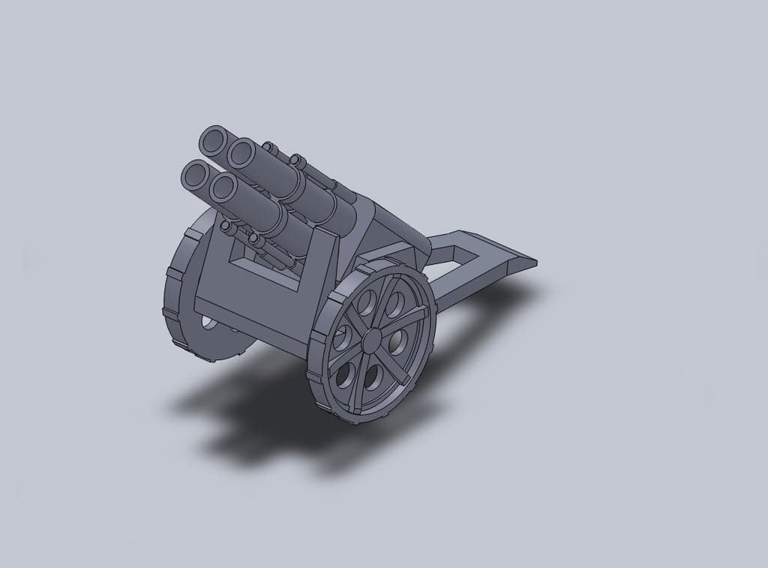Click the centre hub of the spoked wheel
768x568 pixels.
[372, 340]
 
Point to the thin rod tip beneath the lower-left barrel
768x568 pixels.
[226, 225]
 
